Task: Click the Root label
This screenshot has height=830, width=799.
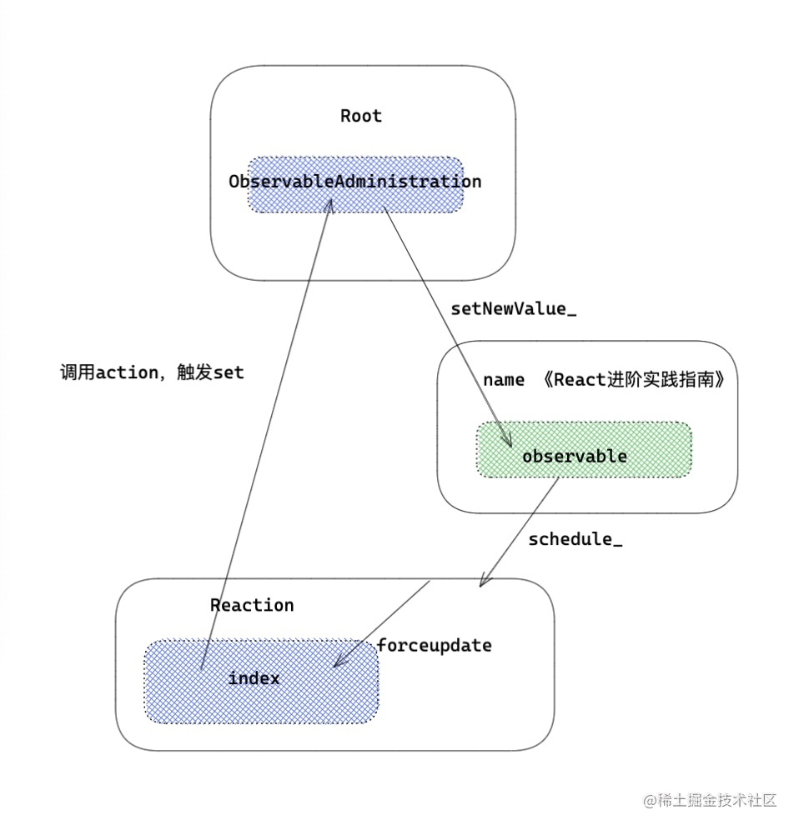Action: pyautogui.click(x=361, y=116)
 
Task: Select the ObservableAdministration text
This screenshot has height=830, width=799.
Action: pyautogui.click(x=354, y=182)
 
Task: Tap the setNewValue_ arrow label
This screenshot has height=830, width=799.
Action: pyautogui.click(x=514, y=309)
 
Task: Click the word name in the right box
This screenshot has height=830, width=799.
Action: pyautogui.click(x=504, y=380)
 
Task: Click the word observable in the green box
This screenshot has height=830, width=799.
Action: pyautogui.click(x=575, y=457)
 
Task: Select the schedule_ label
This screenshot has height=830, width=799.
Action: pyautogui.click(x=575, y=539)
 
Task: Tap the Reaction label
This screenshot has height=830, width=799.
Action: pyautogui.click(x=252, y=605)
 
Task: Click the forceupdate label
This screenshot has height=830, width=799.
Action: pyautogui.click(x=435, y=645)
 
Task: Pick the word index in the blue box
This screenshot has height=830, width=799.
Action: pyautogui.click(x=254, y=678)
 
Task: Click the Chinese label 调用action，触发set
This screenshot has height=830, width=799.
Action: pyautogui.click(x=152, y=372)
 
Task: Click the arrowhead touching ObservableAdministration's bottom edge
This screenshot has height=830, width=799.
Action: pyautogui.click(x=329, y=203)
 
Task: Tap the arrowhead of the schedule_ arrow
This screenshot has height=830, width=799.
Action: pyautogui.click(x=485, y=582)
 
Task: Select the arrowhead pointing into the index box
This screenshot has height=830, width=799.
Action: pyautogui.click(x=338, y=662)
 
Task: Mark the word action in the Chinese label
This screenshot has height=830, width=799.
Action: pyautogui.click(x=127, y=372)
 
